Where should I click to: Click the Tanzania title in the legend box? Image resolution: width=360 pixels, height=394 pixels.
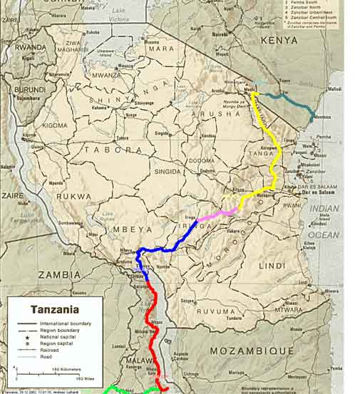(54, 310)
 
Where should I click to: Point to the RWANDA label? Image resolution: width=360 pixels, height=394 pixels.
(30, 48)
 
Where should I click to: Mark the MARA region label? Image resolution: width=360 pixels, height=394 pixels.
(161, 49)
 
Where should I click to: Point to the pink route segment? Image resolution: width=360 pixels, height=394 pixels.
(217, 214)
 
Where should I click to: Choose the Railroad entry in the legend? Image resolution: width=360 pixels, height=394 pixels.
(48, 351)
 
